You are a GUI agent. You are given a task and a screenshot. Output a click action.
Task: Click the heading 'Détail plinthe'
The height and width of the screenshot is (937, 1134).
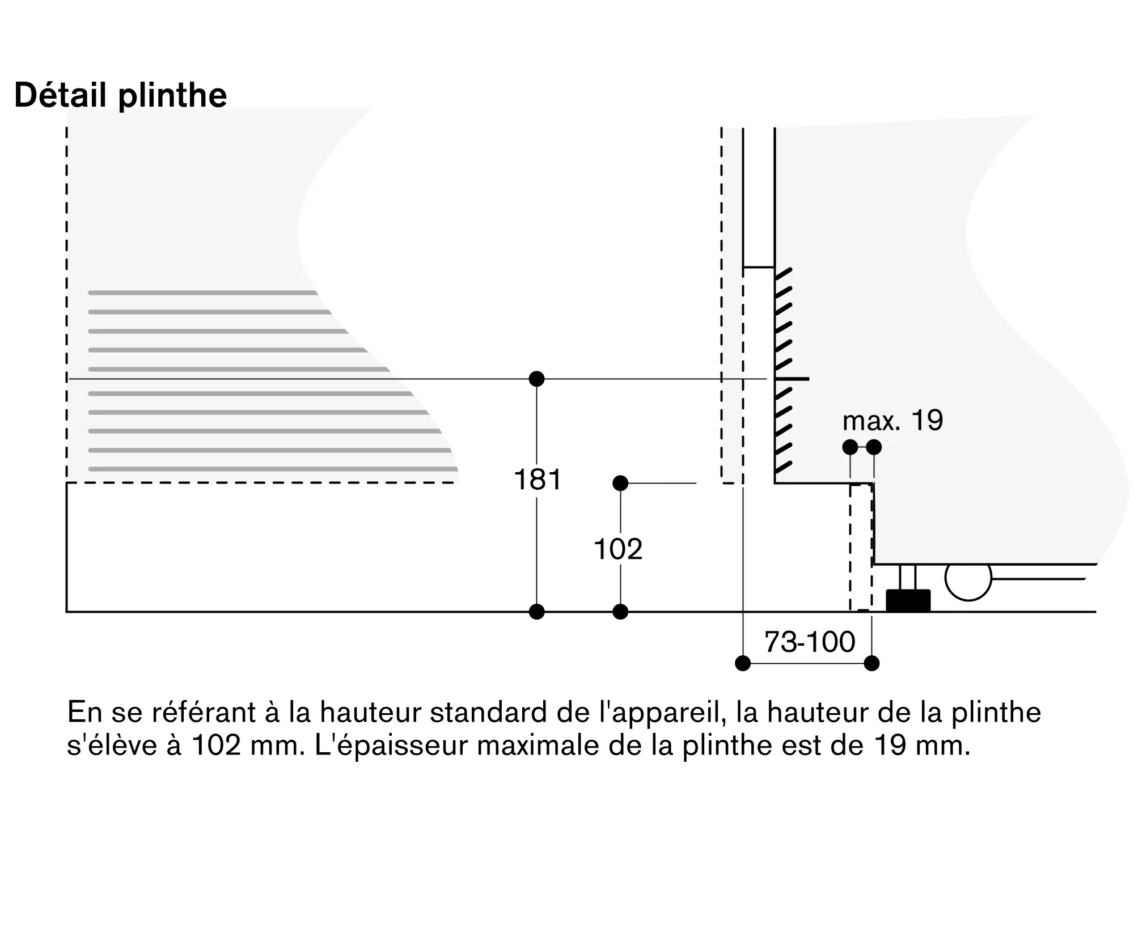(x=120, y=95)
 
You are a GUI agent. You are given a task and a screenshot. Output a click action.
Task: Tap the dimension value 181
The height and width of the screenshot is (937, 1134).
(x=537, y=480)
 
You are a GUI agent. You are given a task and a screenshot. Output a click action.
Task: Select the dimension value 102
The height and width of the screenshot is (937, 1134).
(x=618, y=549)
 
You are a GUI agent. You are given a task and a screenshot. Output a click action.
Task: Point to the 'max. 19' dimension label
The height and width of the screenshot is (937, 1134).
(x=892, y=421)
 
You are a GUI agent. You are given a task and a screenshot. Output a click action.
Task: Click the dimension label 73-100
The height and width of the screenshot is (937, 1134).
(x=809, y=642)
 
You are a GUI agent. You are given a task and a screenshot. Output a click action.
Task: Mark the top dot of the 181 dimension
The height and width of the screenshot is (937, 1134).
(x=536, y=379)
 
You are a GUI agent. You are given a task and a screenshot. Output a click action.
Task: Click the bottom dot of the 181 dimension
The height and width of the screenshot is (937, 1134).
(x=536, y=612)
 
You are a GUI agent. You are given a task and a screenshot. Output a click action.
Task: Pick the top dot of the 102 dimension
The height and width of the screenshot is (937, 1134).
(x=620, y=483)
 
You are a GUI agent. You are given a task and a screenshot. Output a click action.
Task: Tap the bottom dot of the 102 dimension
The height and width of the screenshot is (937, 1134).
(x=620, y=612)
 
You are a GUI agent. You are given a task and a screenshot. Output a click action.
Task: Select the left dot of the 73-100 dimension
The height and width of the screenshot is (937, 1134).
(x=743, y=663)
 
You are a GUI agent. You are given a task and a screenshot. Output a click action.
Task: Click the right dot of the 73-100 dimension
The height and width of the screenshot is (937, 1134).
(x=872, y=663)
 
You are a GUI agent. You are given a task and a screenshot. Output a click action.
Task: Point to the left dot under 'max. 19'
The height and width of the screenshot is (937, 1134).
(x=850, y=447)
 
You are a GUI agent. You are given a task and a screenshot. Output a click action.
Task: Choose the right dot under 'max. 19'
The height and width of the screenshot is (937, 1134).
(x=874, y=447)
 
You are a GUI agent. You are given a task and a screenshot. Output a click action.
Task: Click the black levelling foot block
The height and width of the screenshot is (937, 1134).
(x=908, y=601)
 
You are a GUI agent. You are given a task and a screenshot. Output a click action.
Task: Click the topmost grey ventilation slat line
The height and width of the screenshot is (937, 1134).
(x=202, y=292)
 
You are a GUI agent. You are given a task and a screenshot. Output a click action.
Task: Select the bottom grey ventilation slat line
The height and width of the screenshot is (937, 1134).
(x=272, y=469)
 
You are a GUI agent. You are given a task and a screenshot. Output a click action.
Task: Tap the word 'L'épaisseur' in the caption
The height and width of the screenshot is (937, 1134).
(x=391, y=745)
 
